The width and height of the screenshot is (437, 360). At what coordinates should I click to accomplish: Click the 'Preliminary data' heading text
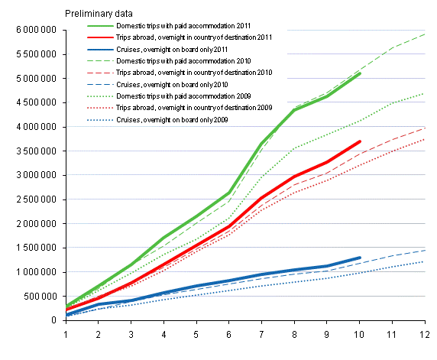[99, 13]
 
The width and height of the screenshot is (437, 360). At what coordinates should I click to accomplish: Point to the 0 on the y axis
[55, 320]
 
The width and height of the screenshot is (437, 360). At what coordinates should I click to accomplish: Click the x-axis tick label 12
[425, 334]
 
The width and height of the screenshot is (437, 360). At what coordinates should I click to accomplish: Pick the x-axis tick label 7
[262, 334]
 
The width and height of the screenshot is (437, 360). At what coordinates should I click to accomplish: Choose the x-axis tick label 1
[66, 334]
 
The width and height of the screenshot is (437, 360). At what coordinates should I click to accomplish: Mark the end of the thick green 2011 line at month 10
[360, 73]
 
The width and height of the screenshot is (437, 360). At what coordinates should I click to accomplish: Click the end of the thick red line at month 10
[360, 141]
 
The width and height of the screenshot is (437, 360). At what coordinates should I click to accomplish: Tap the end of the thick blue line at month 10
[360, 258]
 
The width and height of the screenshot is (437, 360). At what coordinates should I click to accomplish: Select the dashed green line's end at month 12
[425, 34]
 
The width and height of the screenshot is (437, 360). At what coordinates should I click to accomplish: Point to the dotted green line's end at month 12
[425, 93]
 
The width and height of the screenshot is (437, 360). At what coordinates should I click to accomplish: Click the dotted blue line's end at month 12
[425, 261]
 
